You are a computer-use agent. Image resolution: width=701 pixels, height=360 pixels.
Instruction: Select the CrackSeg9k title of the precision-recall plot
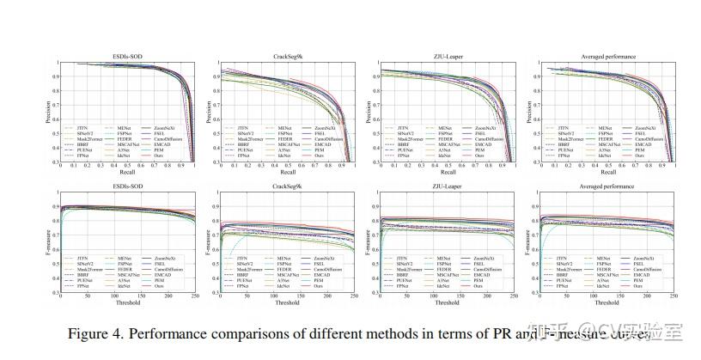click(x=291, y=56)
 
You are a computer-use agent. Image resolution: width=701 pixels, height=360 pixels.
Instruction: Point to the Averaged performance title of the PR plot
click(x=607, y=56)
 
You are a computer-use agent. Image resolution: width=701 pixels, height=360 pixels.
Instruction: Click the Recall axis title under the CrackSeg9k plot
click(x=290, y=174)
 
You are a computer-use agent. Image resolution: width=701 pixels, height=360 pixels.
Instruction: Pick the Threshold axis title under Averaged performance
click(x=607, y=302)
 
